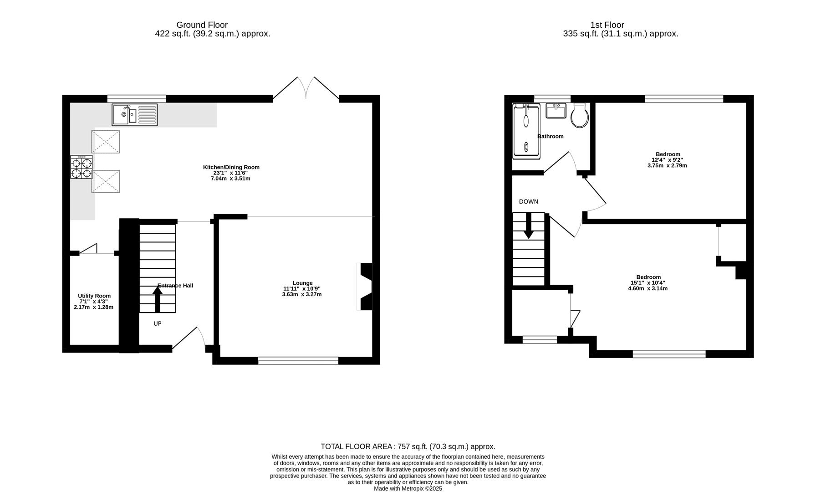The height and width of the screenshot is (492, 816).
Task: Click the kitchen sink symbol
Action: coord(134,114)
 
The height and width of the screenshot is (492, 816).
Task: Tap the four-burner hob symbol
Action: coord(82,167)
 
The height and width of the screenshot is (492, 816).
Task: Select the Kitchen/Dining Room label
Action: coord(231,167)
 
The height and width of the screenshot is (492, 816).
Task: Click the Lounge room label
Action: coord(302,283)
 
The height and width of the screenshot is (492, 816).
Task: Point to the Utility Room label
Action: coord(94,296)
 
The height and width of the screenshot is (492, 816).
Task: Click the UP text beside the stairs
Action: coord(158,324)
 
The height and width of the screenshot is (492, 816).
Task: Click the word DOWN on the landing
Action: coord(528,201)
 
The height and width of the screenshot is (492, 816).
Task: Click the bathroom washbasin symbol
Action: coord(556,111)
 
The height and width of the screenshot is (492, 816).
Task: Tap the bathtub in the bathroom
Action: coord(526,130)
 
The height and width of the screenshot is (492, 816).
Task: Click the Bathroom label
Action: coord(550,136)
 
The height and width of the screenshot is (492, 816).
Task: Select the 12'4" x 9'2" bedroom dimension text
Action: coord(667,160)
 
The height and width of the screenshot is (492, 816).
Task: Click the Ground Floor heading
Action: coord(202,25)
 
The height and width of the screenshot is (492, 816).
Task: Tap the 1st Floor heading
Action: coord(607,25)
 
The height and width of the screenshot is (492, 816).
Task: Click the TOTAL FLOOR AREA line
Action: coord(408,446)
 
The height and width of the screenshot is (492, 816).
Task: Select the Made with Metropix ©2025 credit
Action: coord(408,488)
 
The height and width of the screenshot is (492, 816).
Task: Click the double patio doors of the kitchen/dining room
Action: coord(306,88)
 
